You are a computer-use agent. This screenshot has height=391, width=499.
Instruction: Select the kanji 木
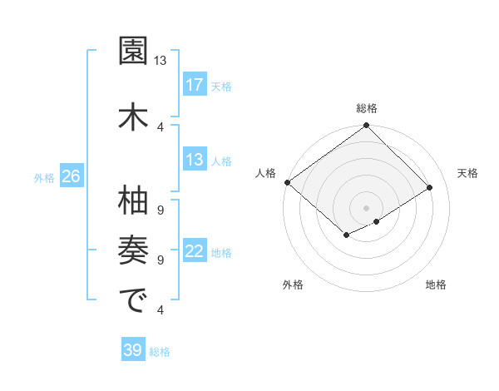(132, 116)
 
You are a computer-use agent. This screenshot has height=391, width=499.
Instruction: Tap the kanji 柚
(132, 200)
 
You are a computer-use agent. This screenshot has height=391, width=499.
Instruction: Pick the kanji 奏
(132, 249)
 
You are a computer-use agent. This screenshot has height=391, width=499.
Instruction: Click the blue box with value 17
(194, 85)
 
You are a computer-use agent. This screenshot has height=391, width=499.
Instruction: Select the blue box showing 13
(194, 160)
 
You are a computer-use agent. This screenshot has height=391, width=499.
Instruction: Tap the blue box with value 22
(194, 252)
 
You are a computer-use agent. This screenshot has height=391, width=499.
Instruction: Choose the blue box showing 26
(71, 177)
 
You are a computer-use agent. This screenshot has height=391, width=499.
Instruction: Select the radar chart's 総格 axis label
(367, 108)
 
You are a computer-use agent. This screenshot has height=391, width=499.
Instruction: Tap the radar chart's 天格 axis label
(467, 173)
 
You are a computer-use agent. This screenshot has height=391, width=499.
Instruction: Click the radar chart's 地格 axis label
(436, 285)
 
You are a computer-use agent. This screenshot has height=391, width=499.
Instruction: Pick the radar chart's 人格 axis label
(266, 173)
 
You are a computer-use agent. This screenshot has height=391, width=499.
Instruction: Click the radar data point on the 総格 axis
(367, 126)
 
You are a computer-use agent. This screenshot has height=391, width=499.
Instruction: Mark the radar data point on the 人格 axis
(287, 182)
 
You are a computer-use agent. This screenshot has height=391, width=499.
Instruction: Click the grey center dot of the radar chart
(367, 207)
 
